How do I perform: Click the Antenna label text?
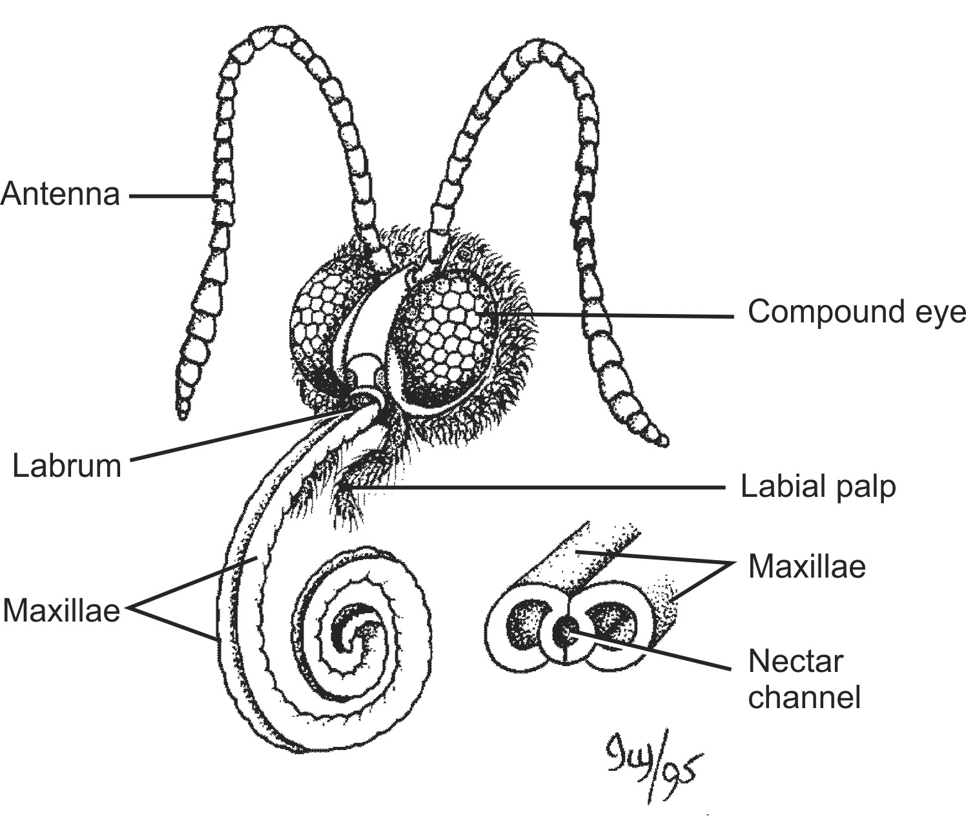click(x=60, y=194)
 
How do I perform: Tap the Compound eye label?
click(x=856, y=312)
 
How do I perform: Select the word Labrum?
click(x=67, y=465)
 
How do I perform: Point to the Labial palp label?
click(x=818, y=486)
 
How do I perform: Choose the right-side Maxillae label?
click(x=807, y=566)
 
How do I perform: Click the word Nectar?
click(x=796, y=662)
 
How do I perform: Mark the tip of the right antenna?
click(x=661, y=441)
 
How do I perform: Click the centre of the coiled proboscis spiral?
click(x=352, y=636)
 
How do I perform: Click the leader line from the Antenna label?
click(x=171, y=194)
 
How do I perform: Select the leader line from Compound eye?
click(x=613, y=315)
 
